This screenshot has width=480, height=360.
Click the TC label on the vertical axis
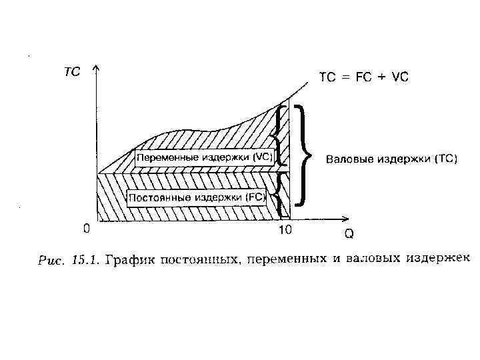(72, 73)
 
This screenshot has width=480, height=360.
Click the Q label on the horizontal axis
(349, 234)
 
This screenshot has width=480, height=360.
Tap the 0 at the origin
(87, 229)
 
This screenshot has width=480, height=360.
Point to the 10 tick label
(285, 231)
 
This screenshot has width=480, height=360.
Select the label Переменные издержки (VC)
(204, 157)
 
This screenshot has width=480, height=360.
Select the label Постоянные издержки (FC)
(197, 197)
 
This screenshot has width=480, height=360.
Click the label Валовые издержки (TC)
(391, 159)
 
